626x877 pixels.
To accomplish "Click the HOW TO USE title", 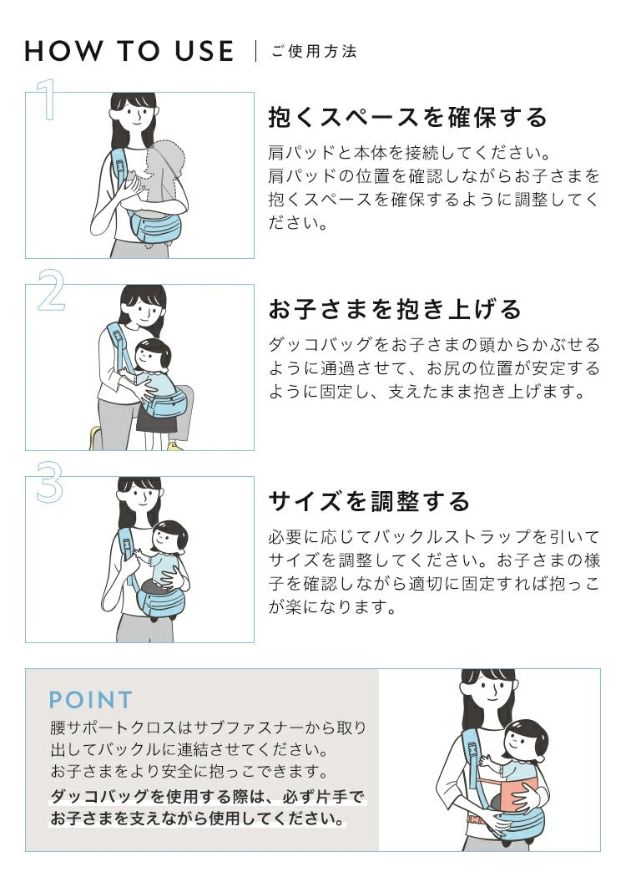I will [x=129, y=51].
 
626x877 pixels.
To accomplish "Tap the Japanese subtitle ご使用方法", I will [x=314, y=52].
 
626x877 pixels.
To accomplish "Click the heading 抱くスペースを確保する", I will [x=407, y=117].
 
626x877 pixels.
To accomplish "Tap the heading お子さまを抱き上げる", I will [x=394, y=309].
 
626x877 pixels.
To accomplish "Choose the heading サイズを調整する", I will [x=369, y=501].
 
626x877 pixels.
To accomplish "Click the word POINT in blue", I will [x=91, y=700].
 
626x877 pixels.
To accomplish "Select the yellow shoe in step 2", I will [x=95, y=437].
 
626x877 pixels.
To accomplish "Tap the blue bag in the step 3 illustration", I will [x=161, y=600].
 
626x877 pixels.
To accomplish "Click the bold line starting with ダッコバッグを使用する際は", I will [x=209, y=796].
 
